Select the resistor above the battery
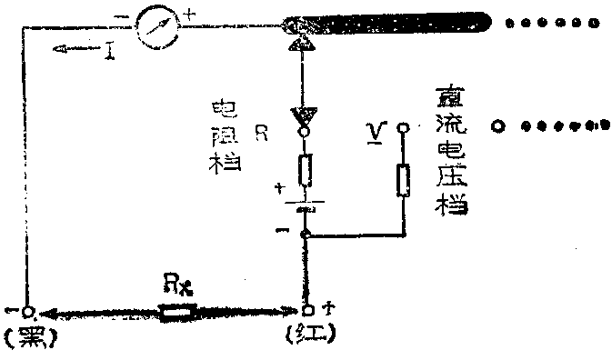point(306,170)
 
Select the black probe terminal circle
point(30,312)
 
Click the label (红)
point(309,335)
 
